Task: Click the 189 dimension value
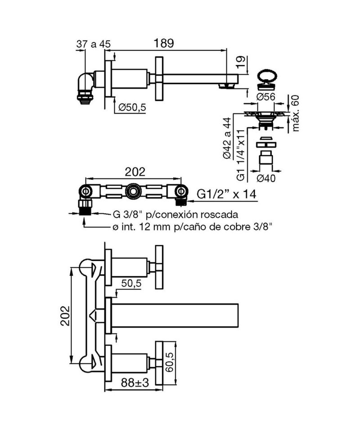[164, 43]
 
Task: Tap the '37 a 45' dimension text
[93, 44]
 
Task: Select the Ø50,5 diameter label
[132, 107]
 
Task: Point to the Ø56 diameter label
[265, 97]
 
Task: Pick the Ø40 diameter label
[266, 178]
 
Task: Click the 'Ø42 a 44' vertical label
[227, 138]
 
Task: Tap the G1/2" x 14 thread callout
[226, 194]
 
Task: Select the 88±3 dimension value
[135, 382]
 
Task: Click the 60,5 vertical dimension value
[170, 361]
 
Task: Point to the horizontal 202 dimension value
[135, 172]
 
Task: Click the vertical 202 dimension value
[65, 315]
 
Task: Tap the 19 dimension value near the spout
[240, 63]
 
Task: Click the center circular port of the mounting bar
[133, 191]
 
